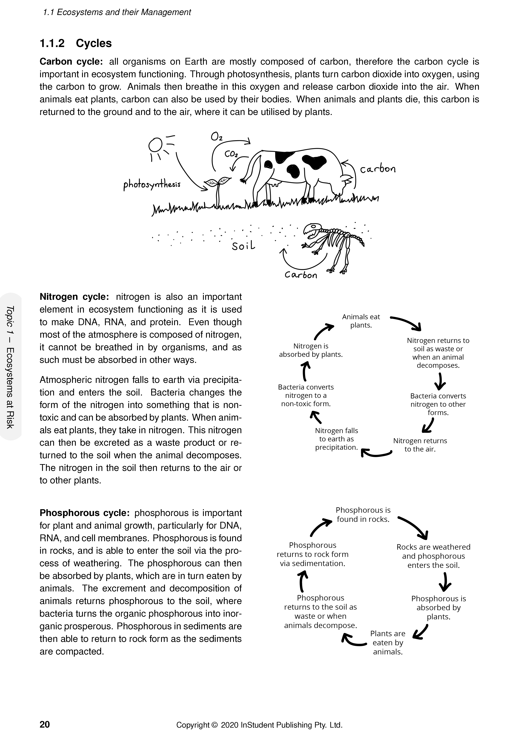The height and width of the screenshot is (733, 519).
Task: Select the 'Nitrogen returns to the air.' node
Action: pos(420,445)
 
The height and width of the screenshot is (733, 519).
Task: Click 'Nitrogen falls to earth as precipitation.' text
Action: pos(337,439)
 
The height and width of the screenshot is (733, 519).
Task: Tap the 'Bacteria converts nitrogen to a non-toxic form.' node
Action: pos(306,395)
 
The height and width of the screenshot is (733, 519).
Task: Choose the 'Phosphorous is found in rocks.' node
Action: pos(363,514)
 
